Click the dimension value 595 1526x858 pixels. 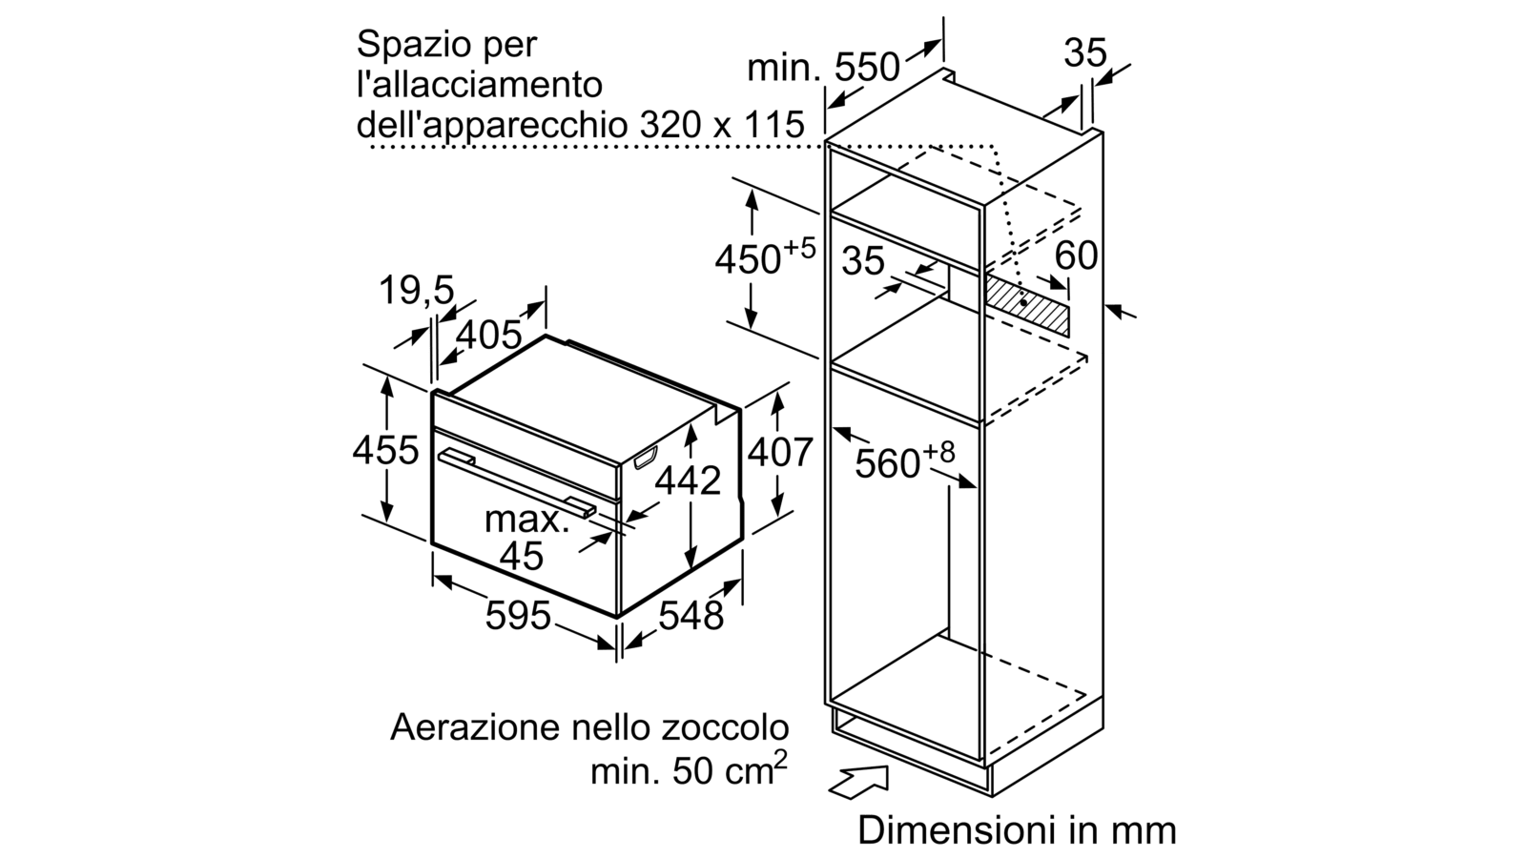coord(517,616)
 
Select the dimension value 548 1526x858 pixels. coord(691,616)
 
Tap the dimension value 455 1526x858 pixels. coord(385,450)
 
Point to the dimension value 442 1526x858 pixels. coord(688,480)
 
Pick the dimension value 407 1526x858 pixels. coord(780,452)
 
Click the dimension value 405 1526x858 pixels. coord(488,335)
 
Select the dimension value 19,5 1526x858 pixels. coord(416,290)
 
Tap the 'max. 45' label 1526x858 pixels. coord(526,538)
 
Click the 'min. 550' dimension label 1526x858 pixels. coord(823,68)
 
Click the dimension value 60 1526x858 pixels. coord(1076,256)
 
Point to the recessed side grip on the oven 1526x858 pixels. coord(645,458)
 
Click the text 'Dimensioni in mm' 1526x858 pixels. coord(1017,830)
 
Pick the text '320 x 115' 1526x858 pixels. coord(723,125)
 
